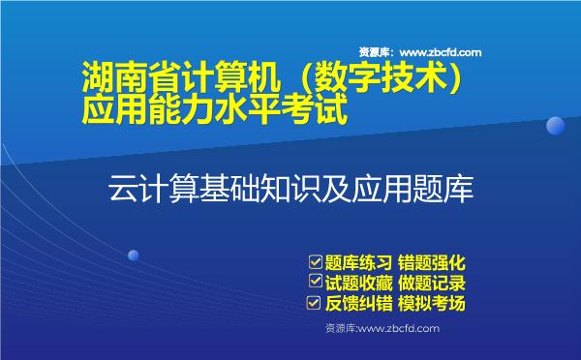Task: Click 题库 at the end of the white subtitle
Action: coord(449,188)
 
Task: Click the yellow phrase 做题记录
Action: coord(432,283)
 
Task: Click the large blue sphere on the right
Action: coord(556,126)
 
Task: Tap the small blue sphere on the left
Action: coord(134,255)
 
